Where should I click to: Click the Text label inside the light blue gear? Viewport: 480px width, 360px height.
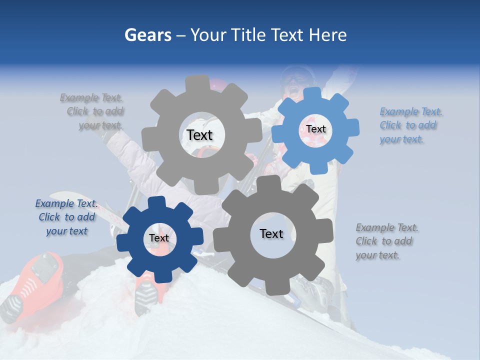pos(315,129)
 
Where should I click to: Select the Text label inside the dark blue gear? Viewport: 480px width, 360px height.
pos(159,238)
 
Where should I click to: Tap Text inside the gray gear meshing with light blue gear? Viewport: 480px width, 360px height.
pos(199,135)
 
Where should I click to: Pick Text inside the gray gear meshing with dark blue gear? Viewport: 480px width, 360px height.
pos(271,233)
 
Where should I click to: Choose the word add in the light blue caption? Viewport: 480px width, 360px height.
pos(425,125)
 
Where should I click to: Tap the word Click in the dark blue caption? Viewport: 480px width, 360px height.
pos(50,217)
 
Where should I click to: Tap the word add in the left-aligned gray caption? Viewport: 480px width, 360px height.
pos(402,241)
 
